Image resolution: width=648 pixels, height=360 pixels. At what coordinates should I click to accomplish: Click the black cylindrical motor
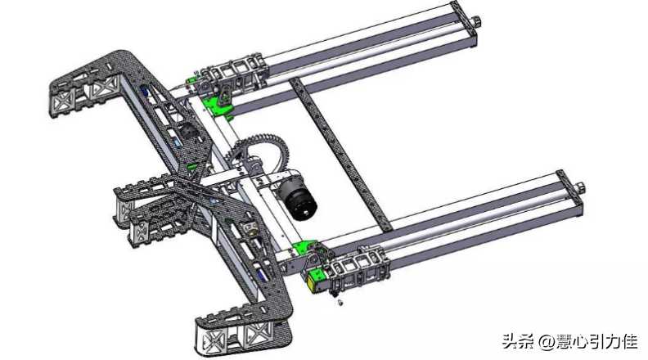(x=297, y=199)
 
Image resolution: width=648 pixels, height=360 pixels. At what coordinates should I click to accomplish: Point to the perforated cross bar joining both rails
(x=341, y=153)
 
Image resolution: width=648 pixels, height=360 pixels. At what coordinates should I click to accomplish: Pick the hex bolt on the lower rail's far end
(x=580, y=187)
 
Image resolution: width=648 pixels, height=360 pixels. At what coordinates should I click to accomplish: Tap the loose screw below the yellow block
(x=340, y=304)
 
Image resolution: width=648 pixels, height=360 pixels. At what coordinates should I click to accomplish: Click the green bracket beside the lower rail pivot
(x=302, y=248)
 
